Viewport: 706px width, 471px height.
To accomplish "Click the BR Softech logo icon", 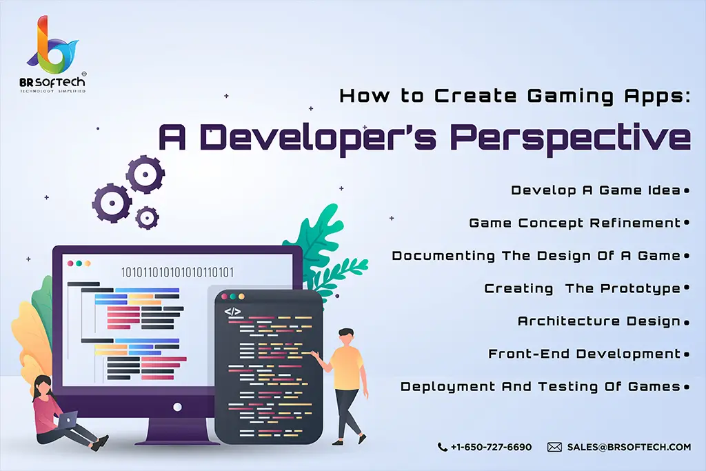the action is click(52, 45).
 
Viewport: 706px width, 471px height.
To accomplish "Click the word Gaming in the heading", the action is click(570, 97).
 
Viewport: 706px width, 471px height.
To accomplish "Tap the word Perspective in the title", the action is click(570, 138).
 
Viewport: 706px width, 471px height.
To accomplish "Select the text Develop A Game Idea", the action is click(596, 190).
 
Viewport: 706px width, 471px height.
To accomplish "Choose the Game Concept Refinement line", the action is click(575, 223).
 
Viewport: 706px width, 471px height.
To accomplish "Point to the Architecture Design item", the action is click(599, 321).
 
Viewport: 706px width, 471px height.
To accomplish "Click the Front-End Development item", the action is click(585, 354).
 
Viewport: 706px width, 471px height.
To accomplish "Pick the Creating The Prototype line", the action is click(582, 289).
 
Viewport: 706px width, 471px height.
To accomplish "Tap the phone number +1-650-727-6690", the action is click(491, 447).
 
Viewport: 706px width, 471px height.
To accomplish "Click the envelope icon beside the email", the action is click(554, 447).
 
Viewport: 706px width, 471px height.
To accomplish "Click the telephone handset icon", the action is click(442, 447).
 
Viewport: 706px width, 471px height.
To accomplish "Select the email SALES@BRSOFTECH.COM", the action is click(629, 447).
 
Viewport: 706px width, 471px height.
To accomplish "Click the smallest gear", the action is click(146, 218).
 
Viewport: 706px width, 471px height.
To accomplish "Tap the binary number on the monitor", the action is click(177, 272).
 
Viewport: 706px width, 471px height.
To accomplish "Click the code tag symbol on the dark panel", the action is click(232, 311).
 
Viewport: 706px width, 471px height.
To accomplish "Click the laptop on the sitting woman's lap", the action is click(66, 420).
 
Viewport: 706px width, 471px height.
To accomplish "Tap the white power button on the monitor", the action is click(177, 407).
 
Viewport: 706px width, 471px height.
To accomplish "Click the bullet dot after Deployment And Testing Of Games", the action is click(687, 387).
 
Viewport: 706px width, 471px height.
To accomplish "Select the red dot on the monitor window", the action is click(70, 263).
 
